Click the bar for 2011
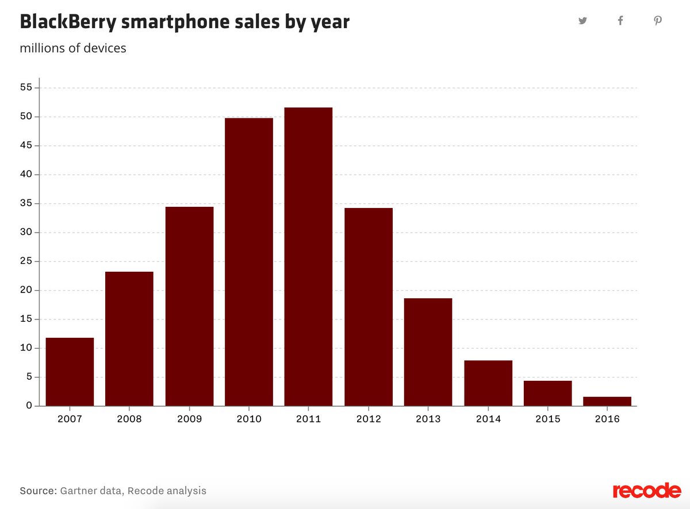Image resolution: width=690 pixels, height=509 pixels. (x=308, y=257)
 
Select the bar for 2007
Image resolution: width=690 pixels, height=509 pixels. (x=70, y=372)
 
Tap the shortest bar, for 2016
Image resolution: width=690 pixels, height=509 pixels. (x=607, y=401)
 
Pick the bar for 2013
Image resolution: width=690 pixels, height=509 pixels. (x=428, y=352)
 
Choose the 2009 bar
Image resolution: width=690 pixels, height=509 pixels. (x=189, y=306)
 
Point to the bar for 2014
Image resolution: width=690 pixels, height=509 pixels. (x=488, y=383)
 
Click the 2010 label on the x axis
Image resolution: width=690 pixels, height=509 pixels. (x=249, y=419)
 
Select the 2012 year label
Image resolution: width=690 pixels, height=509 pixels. (x=369, y=419)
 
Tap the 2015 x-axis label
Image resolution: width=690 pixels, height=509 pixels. (x=548, y=419)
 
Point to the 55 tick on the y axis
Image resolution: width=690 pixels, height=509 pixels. (x=27, y=88)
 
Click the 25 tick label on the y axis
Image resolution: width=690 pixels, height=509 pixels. (x=27, y=261)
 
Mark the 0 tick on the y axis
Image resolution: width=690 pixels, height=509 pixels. (x=29, y=406)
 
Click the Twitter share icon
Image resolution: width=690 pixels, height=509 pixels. (x=583, y=21)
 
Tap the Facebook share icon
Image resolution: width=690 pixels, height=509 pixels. (x=620, y=21)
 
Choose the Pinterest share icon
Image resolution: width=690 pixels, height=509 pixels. (x=658, y=21)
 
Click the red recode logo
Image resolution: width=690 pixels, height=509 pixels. (x=647, y=491)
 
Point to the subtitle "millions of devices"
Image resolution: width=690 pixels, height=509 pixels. (x=73, y=48)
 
